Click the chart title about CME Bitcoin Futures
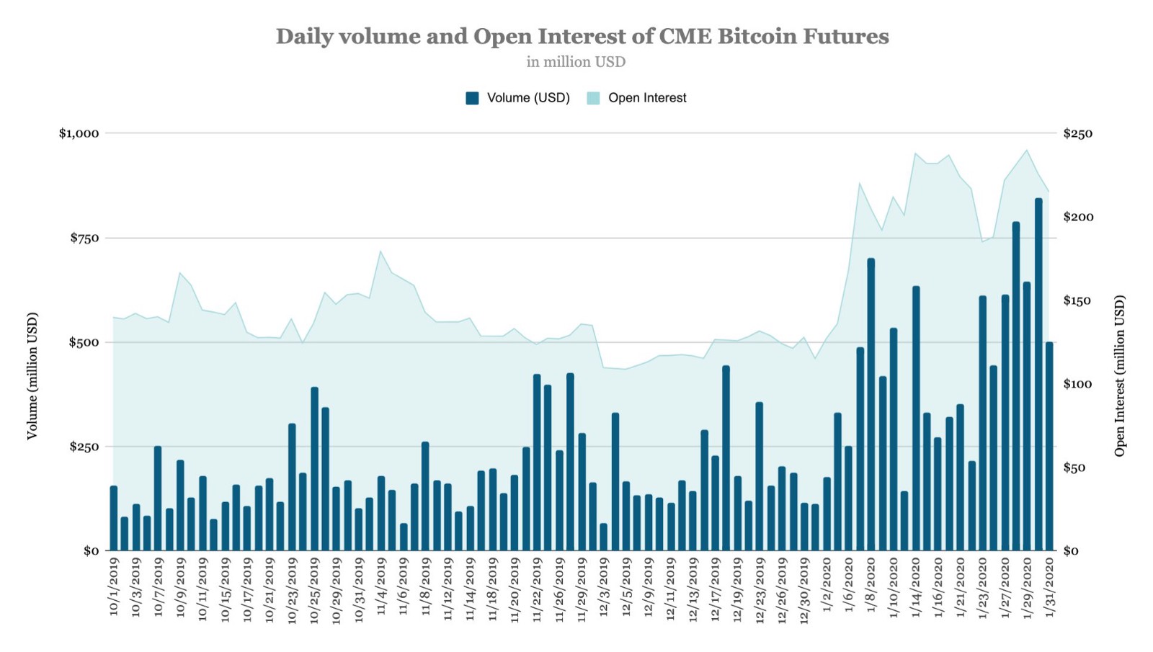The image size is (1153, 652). [x=582, y=36]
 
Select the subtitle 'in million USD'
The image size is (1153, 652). [x=576, y=62]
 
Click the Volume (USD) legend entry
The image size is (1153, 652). [x=518, y=98]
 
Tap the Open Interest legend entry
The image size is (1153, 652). [x=637, y=98]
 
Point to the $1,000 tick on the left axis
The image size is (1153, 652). [x=79, y=133]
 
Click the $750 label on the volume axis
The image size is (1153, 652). [x=84, y=238]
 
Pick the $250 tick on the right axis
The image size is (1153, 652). [x=1077, y=133]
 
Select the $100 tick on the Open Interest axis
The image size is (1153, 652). [x=1077, y=384]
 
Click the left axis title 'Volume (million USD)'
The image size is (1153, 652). [x=32, y=375]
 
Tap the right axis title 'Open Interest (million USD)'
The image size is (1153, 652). [x=1119, y=375]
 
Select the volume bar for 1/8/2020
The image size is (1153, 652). [x=871, y=404]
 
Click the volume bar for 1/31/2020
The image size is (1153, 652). [x=1049, y=446]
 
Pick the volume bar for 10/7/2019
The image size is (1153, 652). [x=158, y=498]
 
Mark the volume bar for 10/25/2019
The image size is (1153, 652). [x=314, y=468]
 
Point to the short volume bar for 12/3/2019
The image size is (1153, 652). [x=603, y=537]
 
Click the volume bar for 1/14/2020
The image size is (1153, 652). [x=916, y=418]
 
